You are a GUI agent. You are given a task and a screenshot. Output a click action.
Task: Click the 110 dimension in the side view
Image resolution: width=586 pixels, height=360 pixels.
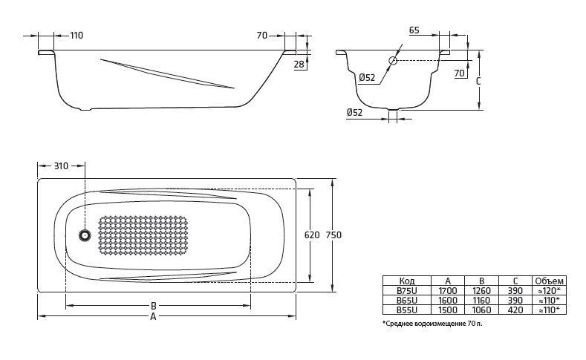point(76,36)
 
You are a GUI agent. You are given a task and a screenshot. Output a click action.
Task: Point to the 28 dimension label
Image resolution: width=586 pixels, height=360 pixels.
point(299,65)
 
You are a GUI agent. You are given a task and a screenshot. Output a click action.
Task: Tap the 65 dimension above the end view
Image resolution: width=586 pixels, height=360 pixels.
point(414,30)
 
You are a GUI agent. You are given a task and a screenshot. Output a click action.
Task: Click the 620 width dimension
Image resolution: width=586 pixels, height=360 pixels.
point(312,235)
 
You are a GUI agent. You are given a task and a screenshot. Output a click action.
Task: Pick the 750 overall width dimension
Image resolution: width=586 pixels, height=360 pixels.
point(334,235)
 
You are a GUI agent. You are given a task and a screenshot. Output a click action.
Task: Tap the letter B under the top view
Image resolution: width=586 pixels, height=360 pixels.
point(153,305)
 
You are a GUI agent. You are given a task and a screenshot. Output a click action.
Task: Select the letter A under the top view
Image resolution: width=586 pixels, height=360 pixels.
point(153,317)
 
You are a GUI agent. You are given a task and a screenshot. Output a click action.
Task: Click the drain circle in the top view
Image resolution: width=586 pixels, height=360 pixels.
point(85,236)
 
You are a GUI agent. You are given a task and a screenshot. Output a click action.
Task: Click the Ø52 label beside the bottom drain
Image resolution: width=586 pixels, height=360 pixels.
point(354,112)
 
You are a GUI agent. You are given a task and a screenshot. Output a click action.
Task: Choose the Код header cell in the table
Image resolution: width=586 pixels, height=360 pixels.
point(407,281)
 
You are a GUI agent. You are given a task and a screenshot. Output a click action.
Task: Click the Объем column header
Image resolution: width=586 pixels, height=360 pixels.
point(550,281)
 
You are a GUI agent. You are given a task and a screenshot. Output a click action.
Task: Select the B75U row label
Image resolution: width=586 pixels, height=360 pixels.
point(407,290)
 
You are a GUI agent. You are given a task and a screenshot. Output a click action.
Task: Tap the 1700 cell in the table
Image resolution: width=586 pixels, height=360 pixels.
point(448,290)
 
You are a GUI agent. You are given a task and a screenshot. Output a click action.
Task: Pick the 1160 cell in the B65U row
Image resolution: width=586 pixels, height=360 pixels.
point(482,299)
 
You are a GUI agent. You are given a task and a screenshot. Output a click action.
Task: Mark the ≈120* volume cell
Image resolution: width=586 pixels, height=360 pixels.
point(550,290)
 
